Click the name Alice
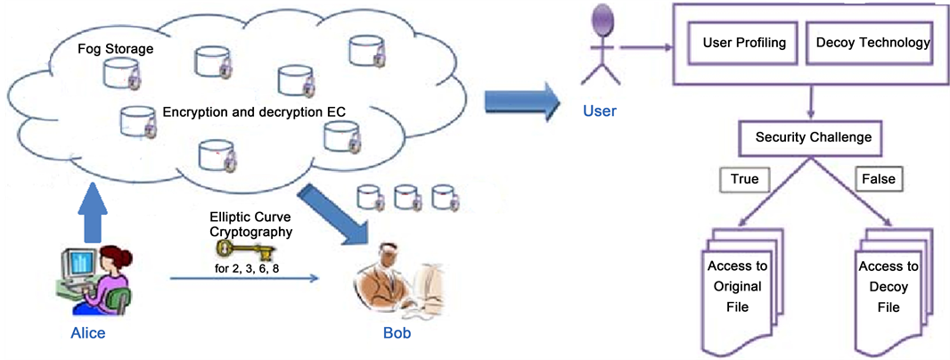coord(87,333)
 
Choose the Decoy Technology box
coord(868,43)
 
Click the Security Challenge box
coord(813,138)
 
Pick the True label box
coord(744,179)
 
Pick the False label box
coord(878,179)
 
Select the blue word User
coord(600,111)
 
